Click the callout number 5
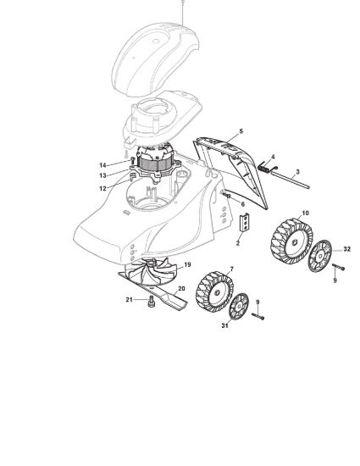tap(241, 131)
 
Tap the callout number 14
tap(102, 165)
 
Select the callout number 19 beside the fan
tap(187, 264)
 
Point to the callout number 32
tap(347, 249)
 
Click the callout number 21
tap(129, 300)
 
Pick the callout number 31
tap(224, 325)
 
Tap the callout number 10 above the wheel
tap(305, 213)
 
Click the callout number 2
tap(238, 243)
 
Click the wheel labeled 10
tap(292, 241)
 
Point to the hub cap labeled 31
tap(239, 307)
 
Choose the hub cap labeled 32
tap(319, 256)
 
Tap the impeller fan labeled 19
tap(151, 271)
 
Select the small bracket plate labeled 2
tap(244, 222)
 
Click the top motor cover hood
tap(155, 59)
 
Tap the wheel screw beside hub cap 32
tap(338, 266)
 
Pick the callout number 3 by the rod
tap(298, 171)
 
